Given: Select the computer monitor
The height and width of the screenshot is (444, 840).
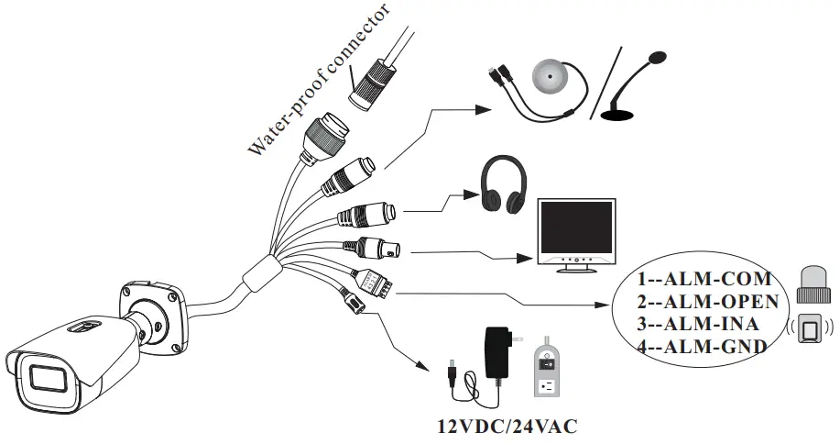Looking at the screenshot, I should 573,234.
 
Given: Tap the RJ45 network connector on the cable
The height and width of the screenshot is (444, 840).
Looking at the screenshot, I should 327,134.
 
